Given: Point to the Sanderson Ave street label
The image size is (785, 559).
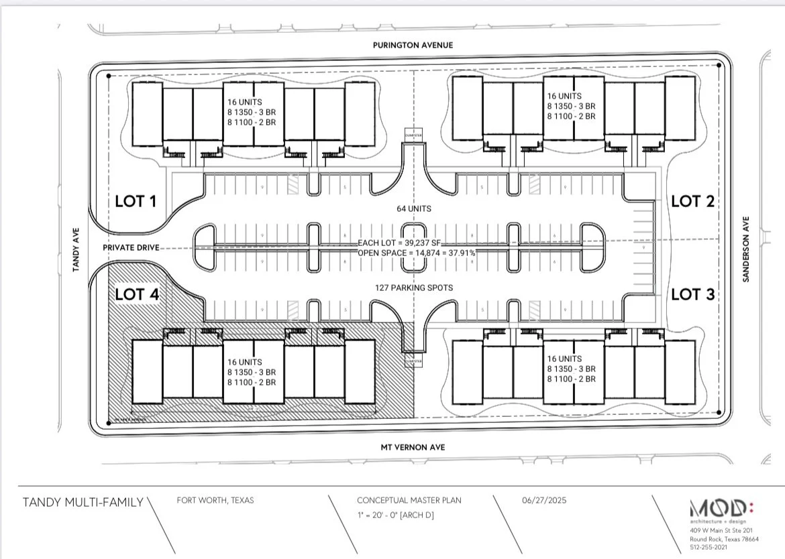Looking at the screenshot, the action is coord(745,249).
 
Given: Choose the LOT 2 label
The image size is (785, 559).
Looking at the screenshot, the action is coord(693,200).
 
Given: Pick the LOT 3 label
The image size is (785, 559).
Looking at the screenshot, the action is coord(693,294).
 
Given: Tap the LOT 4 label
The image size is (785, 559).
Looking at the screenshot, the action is coord(138,294).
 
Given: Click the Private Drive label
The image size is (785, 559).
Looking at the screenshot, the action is coord(131,247).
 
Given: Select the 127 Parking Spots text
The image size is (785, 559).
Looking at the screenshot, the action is coord(413,288).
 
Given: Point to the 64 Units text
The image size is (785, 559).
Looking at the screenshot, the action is coord(413,208).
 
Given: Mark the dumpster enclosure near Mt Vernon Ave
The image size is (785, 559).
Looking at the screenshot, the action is coord(413,361).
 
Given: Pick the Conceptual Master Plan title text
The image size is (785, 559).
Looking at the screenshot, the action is coord(409,500).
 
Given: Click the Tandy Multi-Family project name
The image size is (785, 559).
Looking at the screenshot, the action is coord(83,502).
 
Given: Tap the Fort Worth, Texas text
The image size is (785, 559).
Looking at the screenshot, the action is coord(215,500).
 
